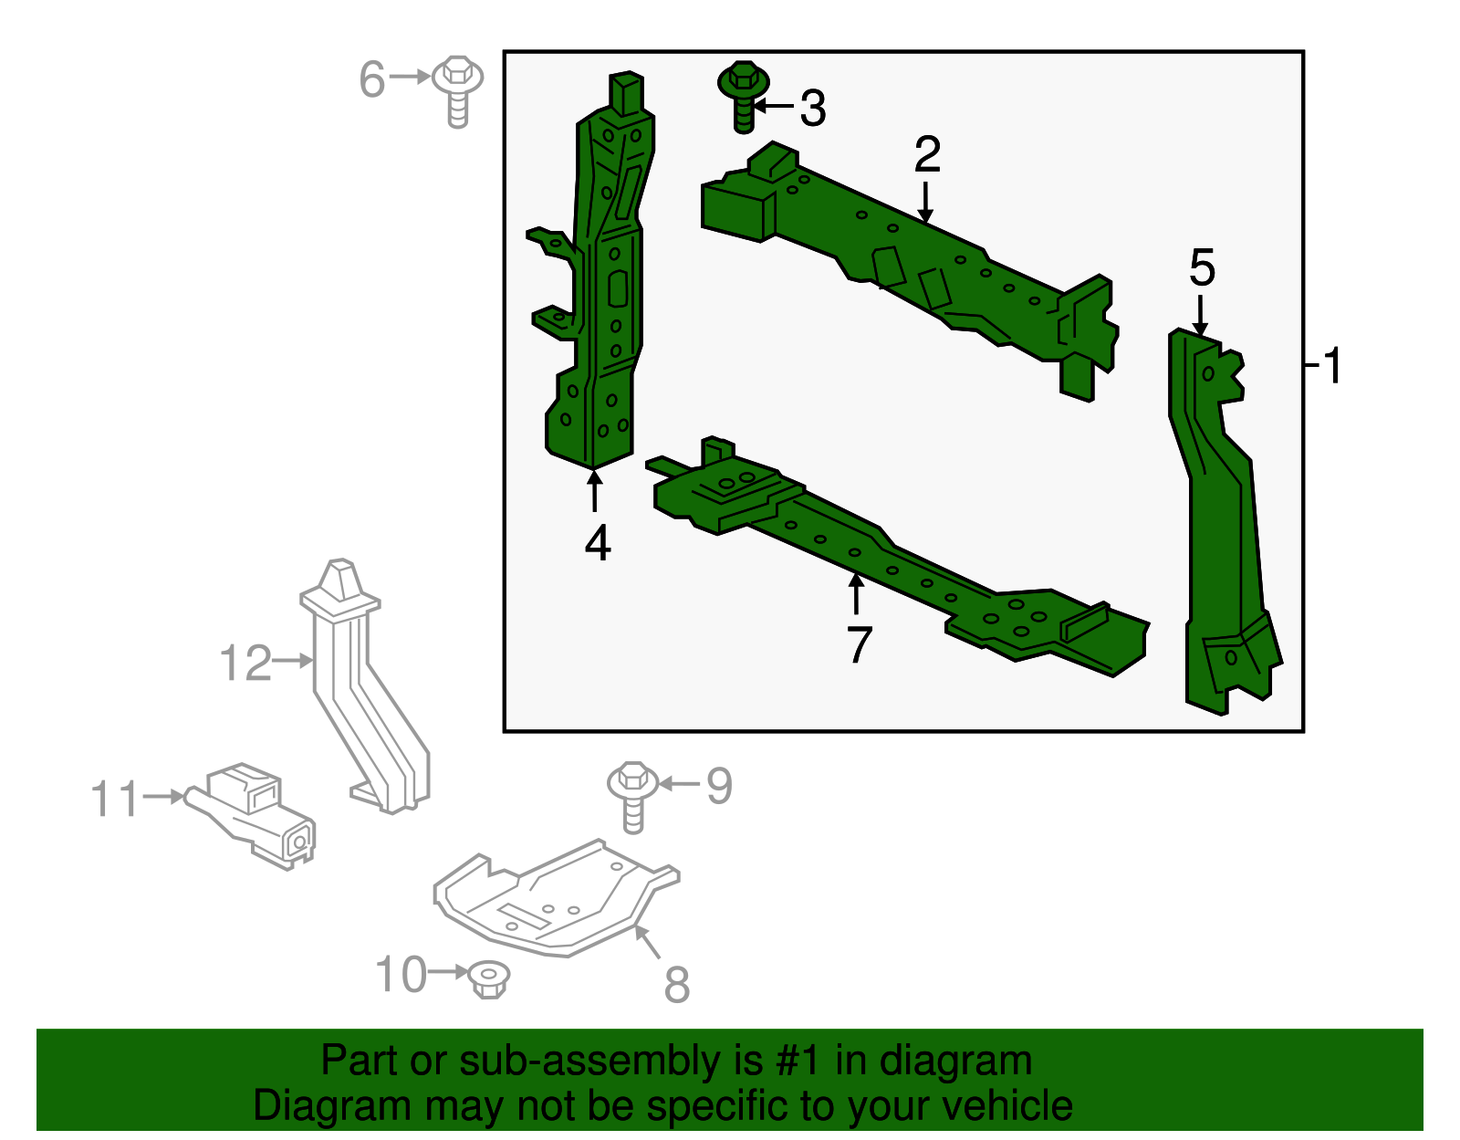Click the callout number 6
point(372,79)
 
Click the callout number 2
point(927,154)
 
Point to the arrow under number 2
point(926,202)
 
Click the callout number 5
point(1202,267)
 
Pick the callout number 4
point(598,543)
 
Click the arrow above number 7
point(856,594)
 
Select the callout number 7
point(860,645)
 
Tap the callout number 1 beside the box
point(1333,366)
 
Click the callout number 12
point(245,663)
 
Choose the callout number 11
point(115,800)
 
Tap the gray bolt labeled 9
point(632,795)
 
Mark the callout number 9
point(719,786)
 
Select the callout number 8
point(677,985)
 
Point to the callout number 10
point(401,975)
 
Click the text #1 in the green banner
point(800,1062)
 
